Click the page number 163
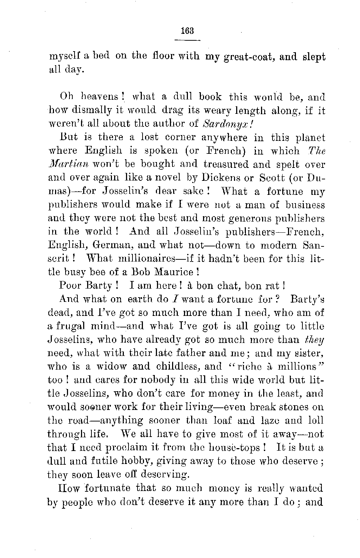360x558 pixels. tap(187, 31)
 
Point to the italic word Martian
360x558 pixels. tap(68, 165)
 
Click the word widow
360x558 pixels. tap(109, 367)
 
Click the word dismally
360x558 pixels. tap(86, 111)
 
